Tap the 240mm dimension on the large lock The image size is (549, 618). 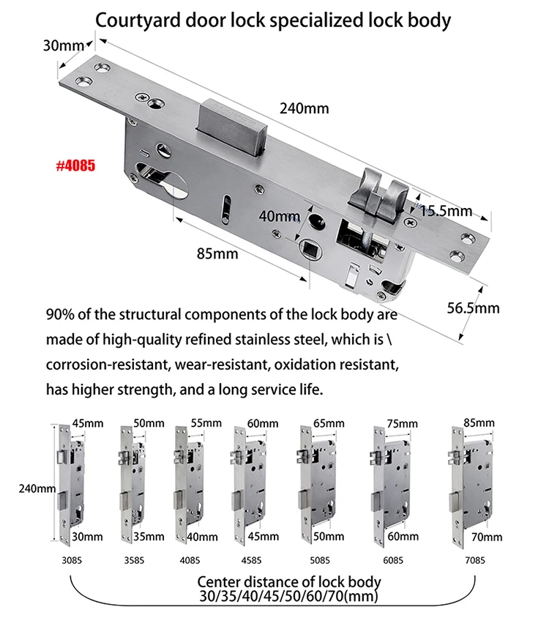[x=304, y=109]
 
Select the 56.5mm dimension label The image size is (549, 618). [x=473, y=308]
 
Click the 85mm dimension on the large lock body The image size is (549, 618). [x=217, y=254]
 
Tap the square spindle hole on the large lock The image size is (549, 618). [x=310, y=248]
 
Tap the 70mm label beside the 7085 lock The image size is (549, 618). [x=488, y=537]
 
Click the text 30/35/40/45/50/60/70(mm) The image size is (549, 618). [x=288, y=597]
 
